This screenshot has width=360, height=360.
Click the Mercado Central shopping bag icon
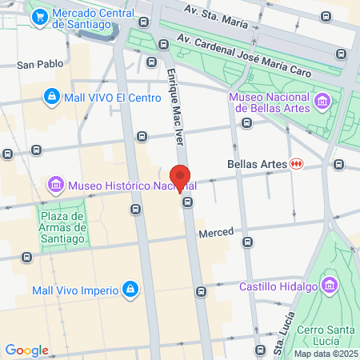[x=38, y=14]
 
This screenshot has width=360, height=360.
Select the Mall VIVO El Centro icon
[x=51, y=97]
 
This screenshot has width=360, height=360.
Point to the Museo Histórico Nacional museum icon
[x=56, y=186]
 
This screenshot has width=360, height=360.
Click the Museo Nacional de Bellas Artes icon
[x=322, y=101]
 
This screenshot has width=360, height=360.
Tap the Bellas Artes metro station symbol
[x=297, y=163]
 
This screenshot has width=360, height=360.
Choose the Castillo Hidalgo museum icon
[x=329, y=286]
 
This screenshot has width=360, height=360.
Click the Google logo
[x=26, y=350]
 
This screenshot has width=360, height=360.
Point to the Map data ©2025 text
[x=326, y=354]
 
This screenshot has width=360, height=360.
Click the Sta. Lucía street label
[x=281, y=331]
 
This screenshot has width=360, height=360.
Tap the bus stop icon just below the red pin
[x=187, y=202]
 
